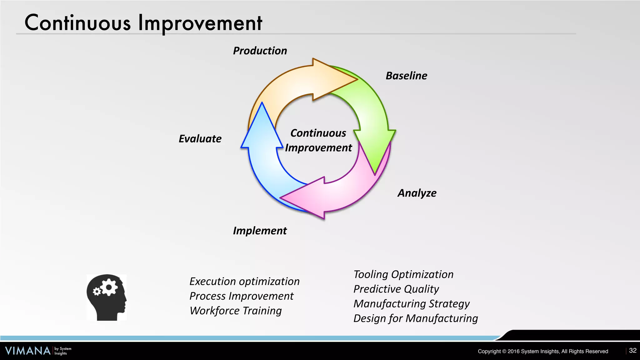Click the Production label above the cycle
coord(260,51)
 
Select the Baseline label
coord(406,76)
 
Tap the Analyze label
coord(417,193)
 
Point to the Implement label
coord(260,231)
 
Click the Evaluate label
coord(200,138)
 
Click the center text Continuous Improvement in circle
coord(318,140)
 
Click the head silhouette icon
coord(107,297)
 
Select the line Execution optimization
coord(244,281)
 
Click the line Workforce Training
coord(236,311)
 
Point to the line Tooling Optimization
coord(403,274)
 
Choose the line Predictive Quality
coord(396,289)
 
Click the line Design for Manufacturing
coord(416,318)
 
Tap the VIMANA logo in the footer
coord(28,351)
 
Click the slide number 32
coord(632,351)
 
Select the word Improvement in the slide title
coord(200,23)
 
